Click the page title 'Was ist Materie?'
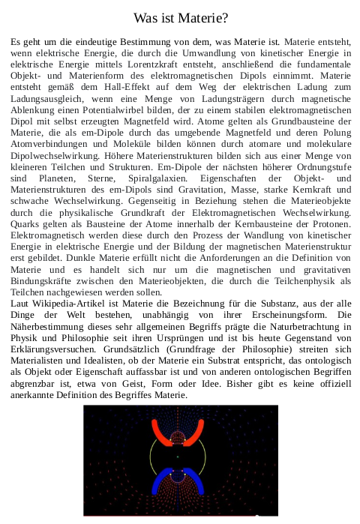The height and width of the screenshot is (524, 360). point(180,17)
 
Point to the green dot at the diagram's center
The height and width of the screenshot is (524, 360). point(178,456)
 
